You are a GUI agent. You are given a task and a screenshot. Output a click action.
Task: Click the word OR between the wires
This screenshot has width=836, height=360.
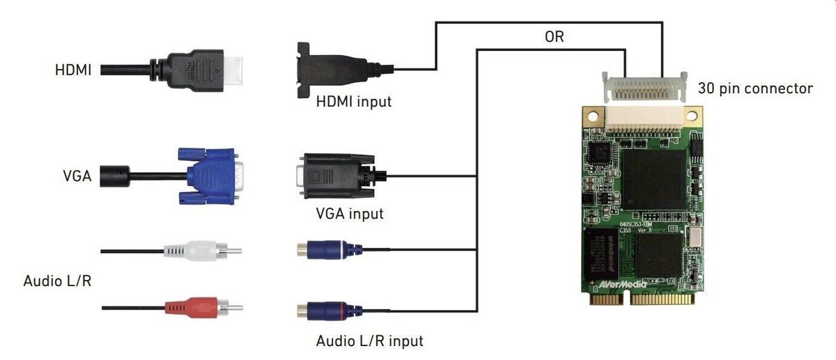(x=554, y=38)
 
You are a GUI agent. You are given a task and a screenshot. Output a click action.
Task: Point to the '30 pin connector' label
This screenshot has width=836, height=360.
(x=756, y=88)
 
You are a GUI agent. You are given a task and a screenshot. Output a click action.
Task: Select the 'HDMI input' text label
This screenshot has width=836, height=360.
(x=354, y=102)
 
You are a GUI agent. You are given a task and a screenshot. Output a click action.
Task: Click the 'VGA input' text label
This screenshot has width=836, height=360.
(x=349, y=213)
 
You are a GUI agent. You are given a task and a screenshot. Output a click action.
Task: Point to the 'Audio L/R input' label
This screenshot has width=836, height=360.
(x=369, y=341)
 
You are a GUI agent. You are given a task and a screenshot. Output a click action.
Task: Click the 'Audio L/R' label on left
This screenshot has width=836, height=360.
(x=57, y=281)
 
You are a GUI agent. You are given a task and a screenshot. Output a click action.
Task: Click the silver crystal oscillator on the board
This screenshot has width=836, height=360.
(x=695, y=240)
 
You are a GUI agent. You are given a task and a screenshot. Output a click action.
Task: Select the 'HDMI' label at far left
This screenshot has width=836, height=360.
(x=73, y=70)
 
